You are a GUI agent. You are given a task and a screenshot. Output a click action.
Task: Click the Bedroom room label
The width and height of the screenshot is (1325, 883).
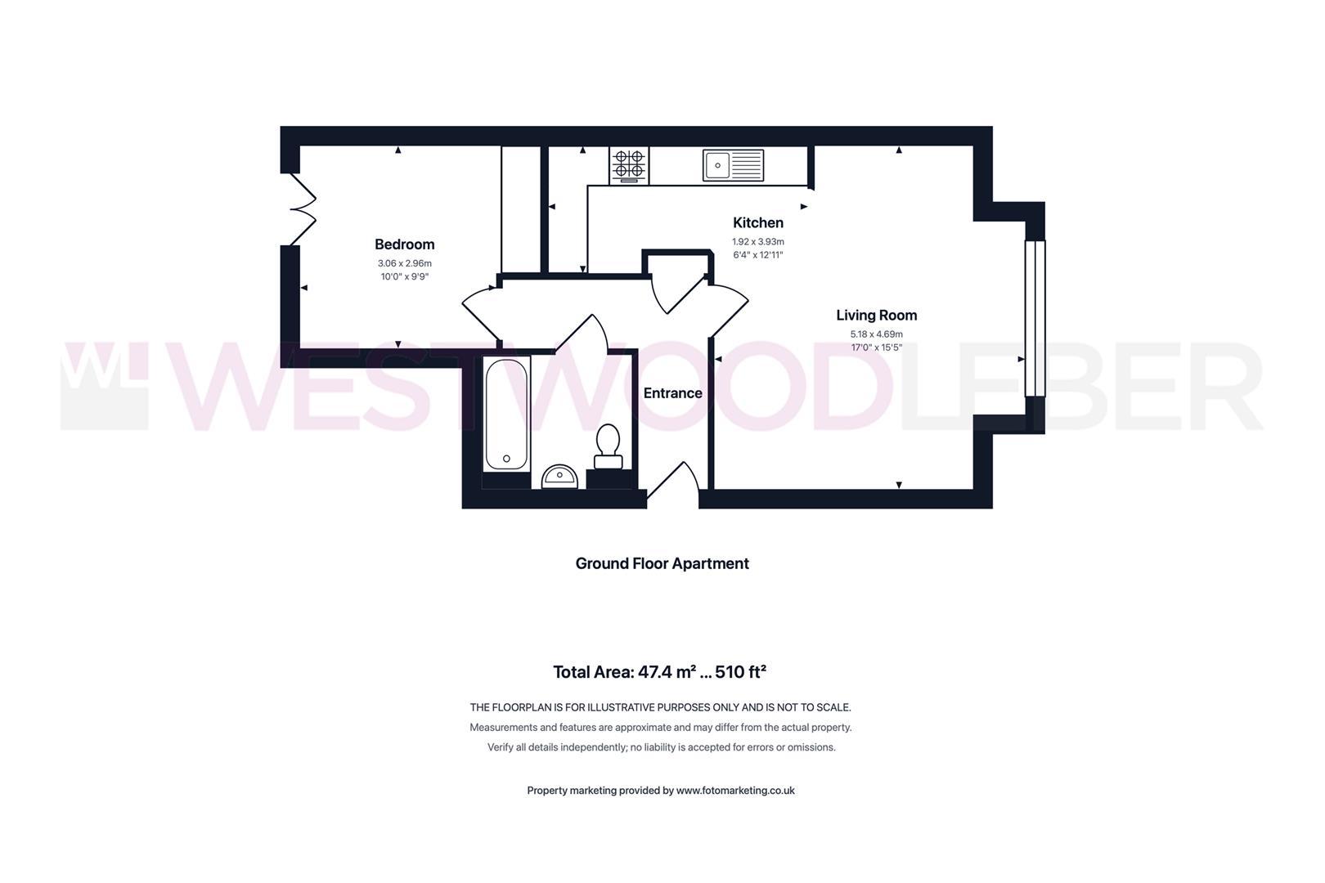tap(405, 244)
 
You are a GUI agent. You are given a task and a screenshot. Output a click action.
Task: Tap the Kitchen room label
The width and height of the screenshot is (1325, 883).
tap(757, 222)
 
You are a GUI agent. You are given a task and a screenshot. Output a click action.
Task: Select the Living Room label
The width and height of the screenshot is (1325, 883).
tap(877, 316)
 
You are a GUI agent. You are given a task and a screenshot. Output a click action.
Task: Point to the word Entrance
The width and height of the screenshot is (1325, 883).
tap(672, 393)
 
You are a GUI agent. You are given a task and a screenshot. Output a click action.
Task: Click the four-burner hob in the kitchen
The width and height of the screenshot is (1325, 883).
tap(629, 166)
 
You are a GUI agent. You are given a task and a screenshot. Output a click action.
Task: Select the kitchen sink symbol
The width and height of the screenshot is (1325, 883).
tap(733, 165)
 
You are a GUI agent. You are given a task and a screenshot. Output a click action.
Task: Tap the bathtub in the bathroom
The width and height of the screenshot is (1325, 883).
tap(506, 414)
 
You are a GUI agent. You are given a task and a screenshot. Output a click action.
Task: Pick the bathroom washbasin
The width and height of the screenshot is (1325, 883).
tap(559, 477)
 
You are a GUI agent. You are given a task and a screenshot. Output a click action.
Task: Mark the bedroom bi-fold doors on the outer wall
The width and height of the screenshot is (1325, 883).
tap(303, 208)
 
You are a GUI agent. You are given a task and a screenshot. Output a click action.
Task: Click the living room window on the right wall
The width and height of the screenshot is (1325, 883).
tap(1035, 317)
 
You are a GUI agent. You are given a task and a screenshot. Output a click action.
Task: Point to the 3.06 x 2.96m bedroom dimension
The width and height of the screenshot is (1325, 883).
tap(405, 263)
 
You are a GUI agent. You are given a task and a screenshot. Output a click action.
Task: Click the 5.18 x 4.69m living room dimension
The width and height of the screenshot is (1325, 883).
tap(877, 334)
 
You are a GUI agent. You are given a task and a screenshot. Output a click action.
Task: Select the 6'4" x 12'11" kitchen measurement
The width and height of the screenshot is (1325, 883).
tap(757, 255)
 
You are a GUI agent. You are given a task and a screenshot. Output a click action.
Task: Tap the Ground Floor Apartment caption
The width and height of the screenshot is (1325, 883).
tap(662, 563)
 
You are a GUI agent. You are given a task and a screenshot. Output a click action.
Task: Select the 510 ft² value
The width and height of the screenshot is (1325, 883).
tap(740, 672)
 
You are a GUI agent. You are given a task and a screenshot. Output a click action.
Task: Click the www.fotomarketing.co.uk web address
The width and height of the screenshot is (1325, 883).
tap(735, 790)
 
